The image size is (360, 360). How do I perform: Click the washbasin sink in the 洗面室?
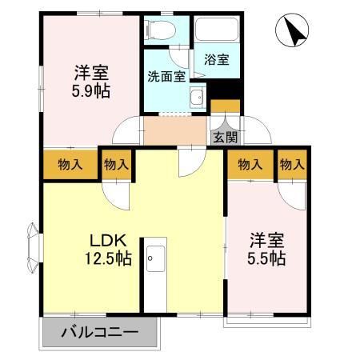[x=196, y=99]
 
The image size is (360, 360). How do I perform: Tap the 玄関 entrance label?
[x=225, y=137]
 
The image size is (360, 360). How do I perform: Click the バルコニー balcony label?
[x=99, y=333]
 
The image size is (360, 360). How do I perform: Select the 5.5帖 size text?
[x=266, y=258]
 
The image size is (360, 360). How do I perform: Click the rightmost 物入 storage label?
[x=292, y=165]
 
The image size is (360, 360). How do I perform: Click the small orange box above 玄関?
[x=225, y=106]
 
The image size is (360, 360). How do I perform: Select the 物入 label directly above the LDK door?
[x=116, y=165]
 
